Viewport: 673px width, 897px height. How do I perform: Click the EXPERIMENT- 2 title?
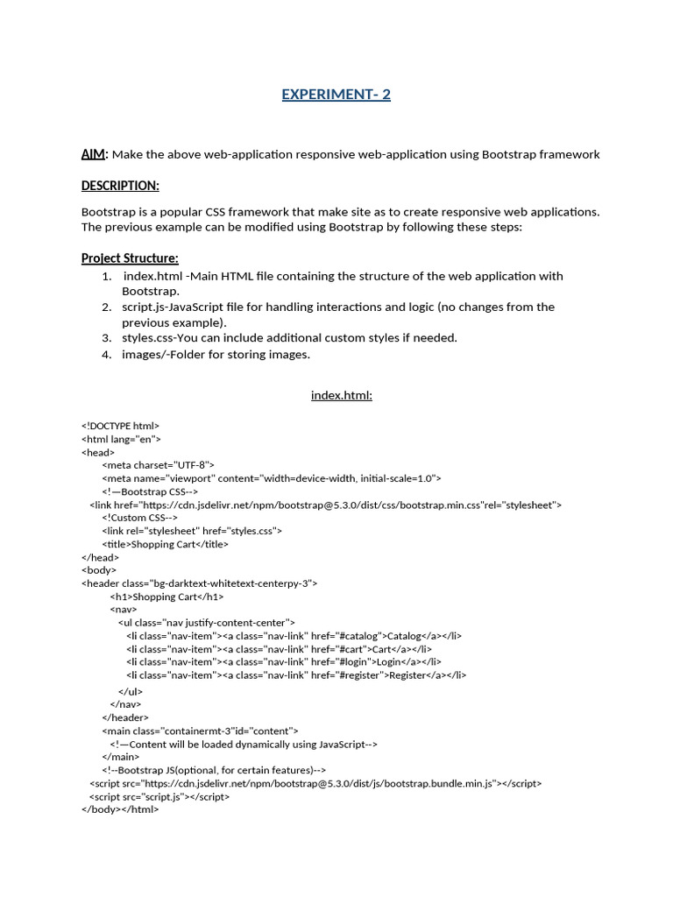point(336,95)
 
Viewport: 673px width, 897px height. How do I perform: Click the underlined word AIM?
point(93,154)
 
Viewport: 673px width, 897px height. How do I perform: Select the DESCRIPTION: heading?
point(120,186)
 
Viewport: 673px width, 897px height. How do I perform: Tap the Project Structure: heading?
point(130,258)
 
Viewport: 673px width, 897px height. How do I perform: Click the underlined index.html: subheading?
point(342,395)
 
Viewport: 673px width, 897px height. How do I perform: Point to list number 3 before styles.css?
point(106,337)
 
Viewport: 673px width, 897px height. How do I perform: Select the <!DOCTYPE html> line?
point(121,426)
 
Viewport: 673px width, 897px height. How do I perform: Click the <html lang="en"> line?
point(121,439)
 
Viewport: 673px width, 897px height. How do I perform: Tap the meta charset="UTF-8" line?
point(158,465)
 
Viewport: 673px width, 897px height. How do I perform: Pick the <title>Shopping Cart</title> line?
point(165,544)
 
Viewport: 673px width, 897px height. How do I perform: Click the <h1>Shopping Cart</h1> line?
point(166,597)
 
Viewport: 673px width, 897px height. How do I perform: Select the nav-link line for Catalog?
point(294,636)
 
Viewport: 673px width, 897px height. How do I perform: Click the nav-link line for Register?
point(296,675)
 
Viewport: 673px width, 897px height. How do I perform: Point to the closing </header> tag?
point(125,717)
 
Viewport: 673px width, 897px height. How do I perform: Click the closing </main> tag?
point(120,757)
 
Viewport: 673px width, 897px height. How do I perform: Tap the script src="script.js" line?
point(159,797)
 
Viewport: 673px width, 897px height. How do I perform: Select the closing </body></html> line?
point(120,809)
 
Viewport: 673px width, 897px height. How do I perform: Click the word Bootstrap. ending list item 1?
point(151,290)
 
